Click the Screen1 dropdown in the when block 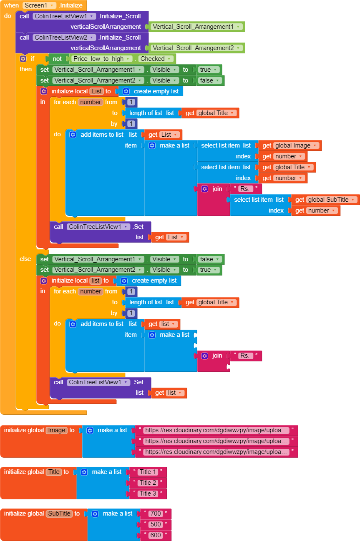pos(39,5)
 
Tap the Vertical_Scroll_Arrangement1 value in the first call pos(196,27)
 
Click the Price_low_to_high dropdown pos(102,59)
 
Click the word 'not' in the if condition pos(57,59)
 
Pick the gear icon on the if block pos(23,59)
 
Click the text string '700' pos(156,513)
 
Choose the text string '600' pos(156,535)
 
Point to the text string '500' pos(156,524)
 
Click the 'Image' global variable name pos(57,430)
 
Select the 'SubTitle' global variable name pos(59,513)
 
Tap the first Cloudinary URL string pos(216,430)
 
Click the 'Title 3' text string pos(148,493)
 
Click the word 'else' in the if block pos(25,259)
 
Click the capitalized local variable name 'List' pos(97,91)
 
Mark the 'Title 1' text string pos(148,472)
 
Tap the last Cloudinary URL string pos(216,452)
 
